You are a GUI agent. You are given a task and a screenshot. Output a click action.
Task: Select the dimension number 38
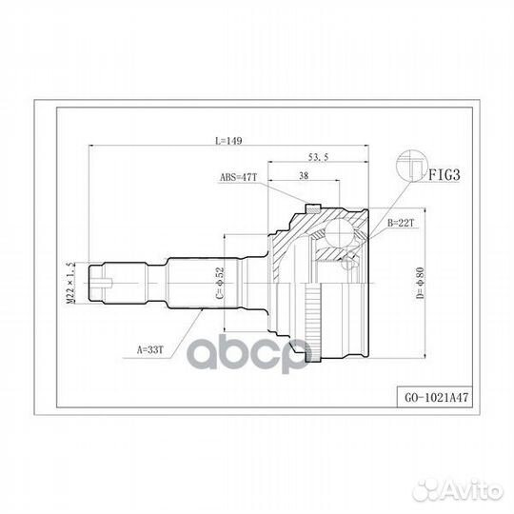coord(302,175)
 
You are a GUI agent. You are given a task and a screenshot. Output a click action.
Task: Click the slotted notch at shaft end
coord(109,282)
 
